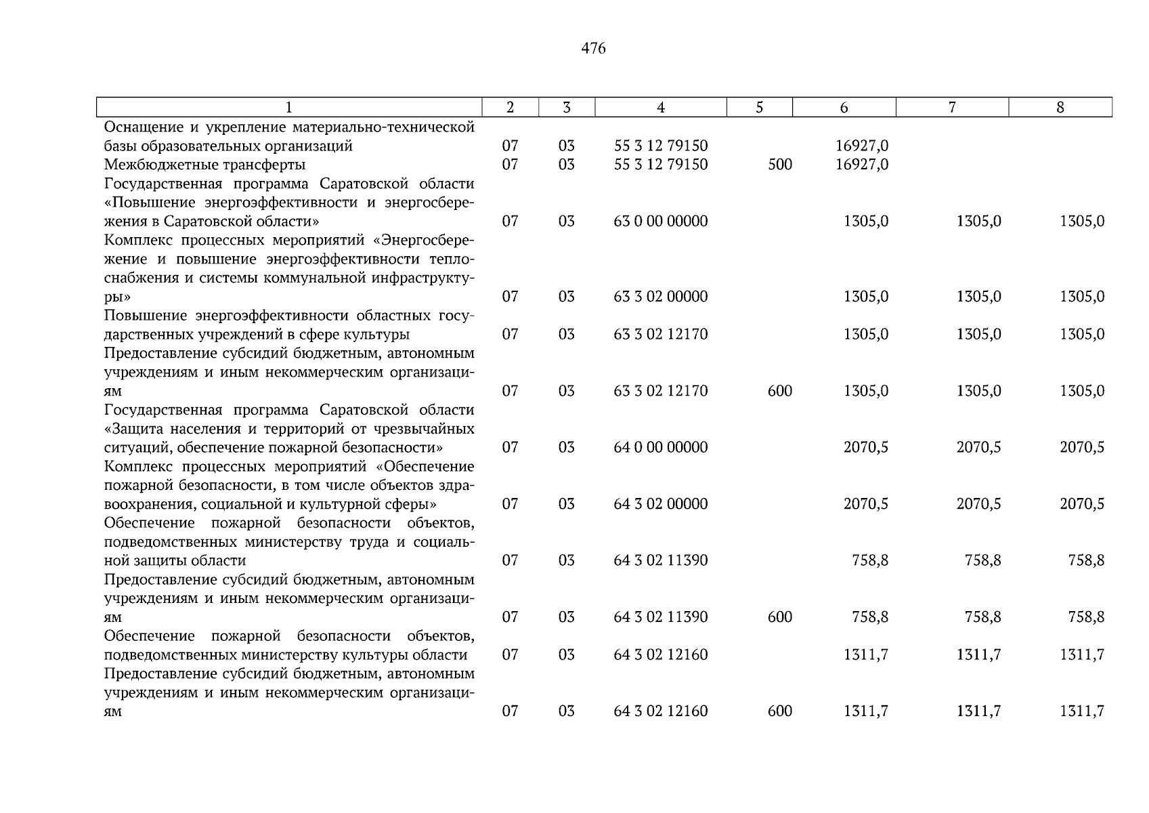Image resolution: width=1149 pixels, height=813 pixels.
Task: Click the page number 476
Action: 593,49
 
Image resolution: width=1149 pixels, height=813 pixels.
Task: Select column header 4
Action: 660,107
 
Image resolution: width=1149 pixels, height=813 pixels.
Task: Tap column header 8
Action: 1060,107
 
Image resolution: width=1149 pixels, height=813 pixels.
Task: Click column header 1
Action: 289,107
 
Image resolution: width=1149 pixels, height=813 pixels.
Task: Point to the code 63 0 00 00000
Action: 660,222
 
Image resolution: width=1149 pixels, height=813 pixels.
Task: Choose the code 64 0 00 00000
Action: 660,447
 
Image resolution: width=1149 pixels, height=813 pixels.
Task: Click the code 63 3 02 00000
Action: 660,297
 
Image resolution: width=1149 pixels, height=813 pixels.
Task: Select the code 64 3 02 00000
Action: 660,504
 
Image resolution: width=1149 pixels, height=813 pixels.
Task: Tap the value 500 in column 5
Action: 780,165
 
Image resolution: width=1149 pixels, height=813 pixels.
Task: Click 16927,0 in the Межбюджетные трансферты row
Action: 862,165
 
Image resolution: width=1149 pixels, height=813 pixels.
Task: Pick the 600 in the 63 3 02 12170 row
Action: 780,391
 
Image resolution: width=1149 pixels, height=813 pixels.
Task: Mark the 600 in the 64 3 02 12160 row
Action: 780,711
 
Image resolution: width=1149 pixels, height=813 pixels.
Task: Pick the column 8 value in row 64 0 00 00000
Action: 1081,447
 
